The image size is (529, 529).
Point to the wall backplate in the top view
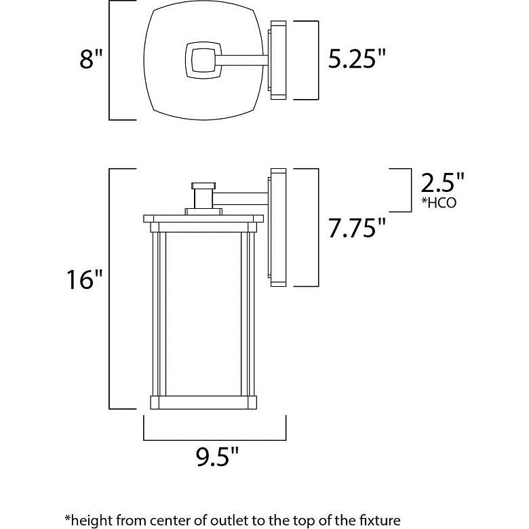coord(279,60)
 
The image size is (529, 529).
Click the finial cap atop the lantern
coord(202,185)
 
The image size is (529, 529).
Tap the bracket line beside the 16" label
coord(111,288)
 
